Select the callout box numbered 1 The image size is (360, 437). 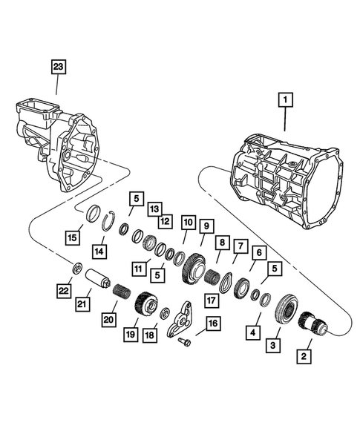286,97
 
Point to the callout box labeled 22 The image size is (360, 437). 65,290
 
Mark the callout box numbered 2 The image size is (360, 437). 304,355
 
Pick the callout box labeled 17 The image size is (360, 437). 212,300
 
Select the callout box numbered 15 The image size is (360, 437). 71,237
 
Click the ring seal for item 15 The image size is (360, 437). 95,214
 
